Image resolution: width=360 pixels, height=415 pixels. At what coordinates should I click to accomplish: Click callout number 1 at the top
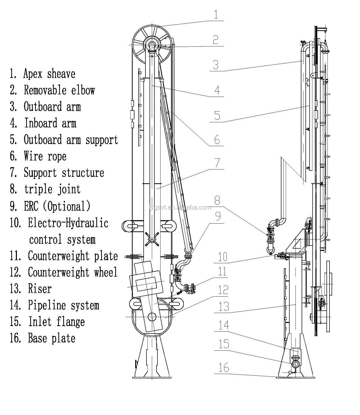click(x=216, y=14)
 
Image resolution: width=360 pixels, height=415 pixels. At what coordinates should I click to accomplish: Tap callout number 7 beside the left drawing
click(x=217, y=163)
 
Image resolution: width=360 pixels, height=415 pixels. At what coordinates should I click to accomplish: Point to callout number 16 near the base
click(x=224, y=368)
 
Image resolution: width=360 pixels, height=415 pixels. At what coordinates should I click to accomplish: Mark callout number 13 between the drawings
click(x=224, y=307)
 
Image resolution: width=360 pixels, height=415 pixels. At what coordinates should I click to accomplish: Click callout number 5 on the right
click(x=217, y=115)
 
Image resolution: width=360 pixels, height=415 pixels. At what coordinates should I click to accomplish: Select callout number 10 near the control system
click(x=223, y=257)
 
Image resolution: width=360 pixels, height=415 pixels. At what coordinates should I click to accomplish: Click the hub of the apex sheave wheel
click(x=152, y=45)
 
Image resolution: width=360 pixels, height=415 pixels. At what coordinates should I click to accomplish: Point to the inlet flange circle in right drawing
click(x=295, y=363)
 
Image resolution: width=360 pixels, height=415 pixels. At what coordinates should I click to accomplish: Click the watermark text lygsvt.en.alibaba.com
click(x=180, y=207)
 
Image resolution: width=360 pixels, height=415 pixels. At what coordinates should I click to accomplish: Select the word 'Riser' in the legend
click(x=40, y=289)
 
